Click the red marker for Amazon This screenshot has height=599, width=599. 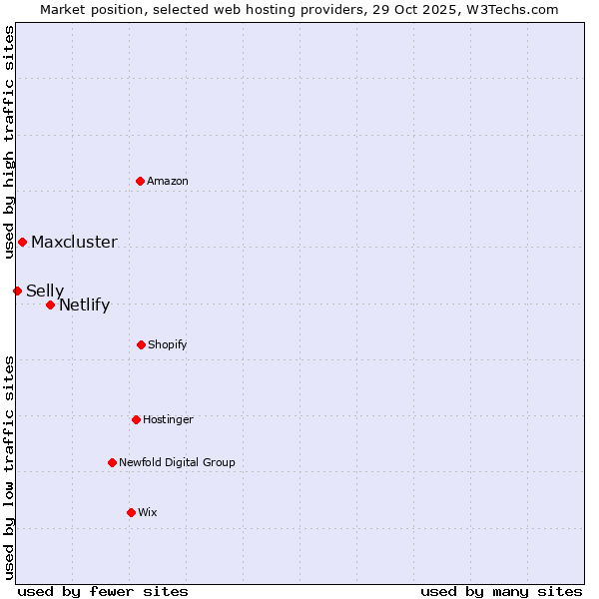[141, 181]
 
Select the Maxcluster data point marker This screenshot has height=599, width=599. [22, 242]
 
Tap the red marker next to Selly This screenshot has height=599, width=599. [17, 291]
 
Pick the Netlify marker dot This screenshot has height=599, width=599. [50, 304]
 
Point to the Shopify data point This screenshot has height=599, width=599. [141, 344]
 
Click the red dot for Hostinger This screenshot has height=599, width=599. [136, 419]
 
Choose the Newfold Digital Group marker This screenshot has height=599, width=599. [112, 462]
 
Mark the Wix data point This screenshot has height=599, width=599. [131, 512]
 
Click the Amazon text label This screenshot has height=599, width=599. [168, 181]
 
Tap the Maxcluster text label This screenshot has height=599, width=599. [74, 242]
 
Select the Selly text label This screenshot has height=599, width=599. [45, 291]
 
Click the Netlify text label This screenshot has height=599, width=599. [84, 304]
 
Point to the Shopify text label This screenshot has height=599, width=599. [168, 344]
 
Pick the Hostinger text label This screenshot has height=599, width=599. [168, 419]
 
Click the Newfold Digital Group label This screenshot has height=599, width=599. [177, 462]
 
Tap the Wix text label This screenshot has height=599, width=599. [148, 512]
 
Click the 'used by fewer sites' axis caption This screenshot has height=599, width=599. [103, 591]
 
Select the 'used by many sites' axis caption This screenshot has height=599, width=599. [501, 591]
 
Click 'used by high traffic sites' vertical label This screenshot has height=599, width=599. [9, 143]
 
